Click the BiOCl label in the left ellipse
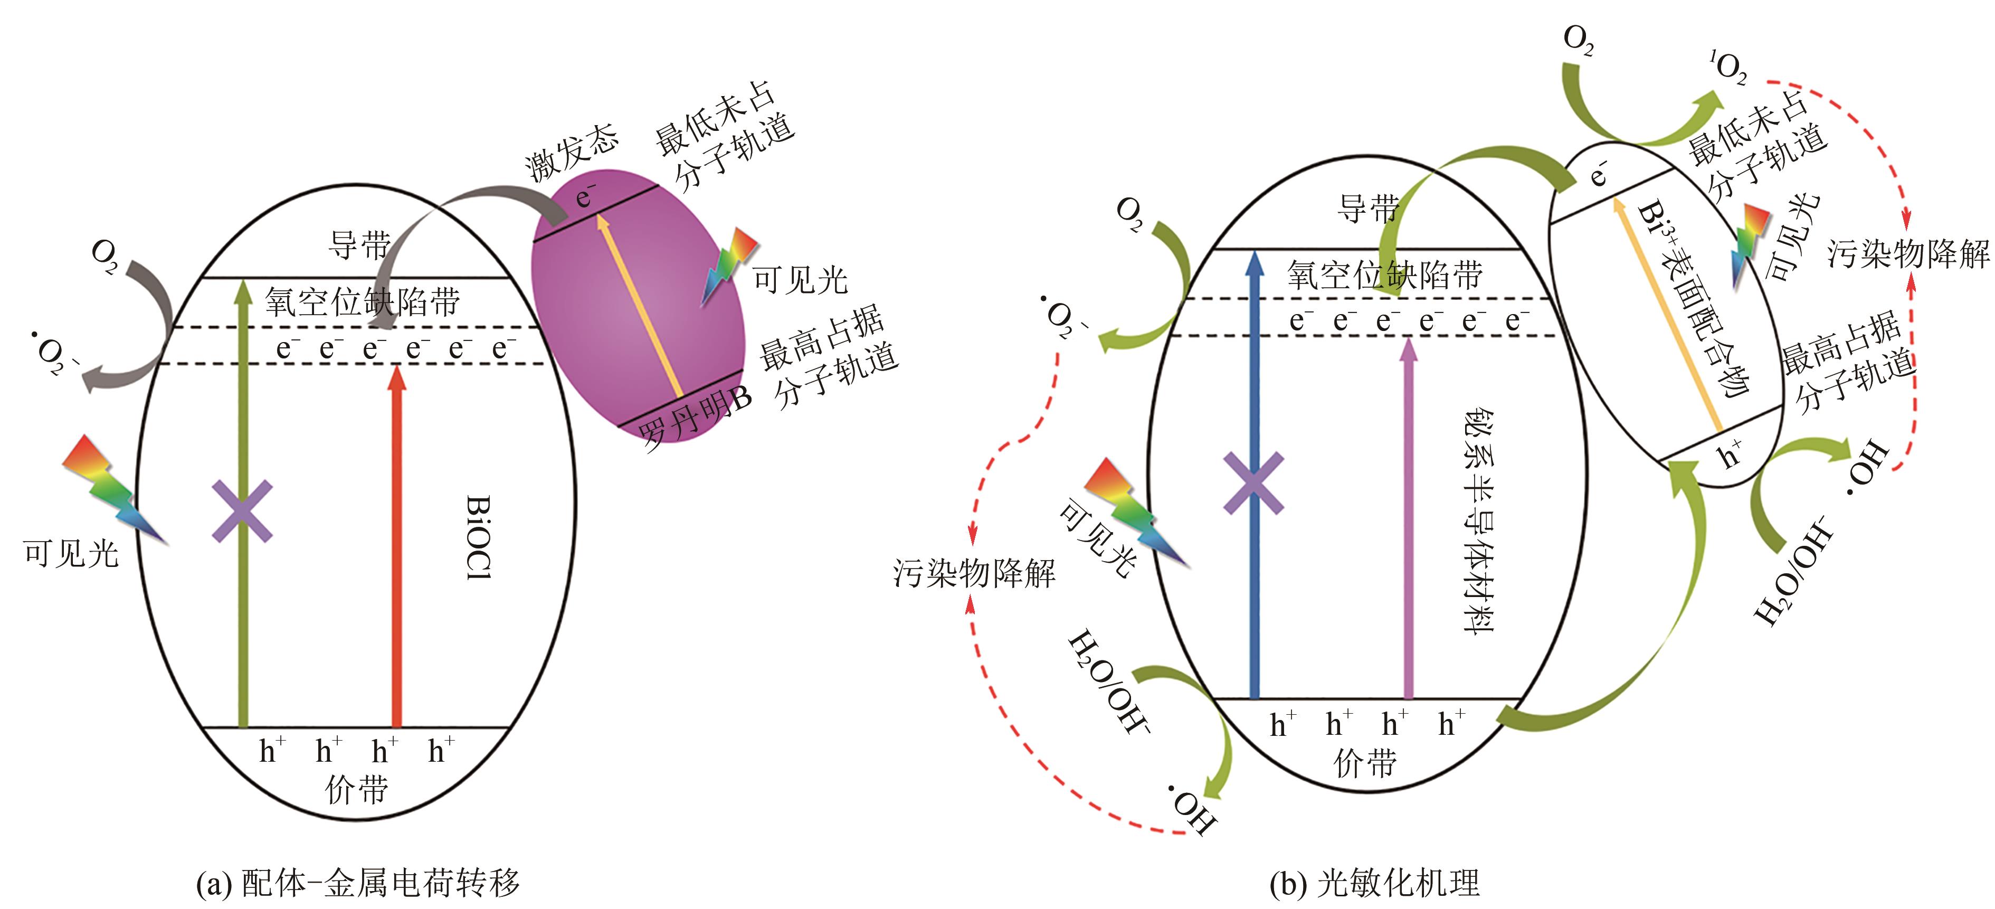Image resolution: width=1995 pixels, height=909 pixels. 479,537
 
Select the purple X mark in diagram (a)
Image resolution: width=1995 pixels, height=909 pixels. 242,511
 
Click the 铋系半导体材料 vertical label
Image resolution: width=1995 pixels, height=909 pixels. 1478,522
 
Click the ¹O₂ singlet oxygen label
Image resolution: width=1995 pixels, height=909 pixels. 1728,68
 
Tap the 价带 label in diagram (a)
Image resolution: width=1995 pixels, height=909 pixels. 356,790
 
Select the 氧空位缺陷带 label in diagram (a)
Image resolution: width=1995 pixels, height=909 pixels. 363,302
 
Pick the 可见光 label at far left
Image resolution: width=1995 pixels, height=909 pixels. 71,554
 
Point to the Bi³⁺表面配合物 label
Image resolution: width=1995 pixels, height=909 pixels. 1695,298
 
